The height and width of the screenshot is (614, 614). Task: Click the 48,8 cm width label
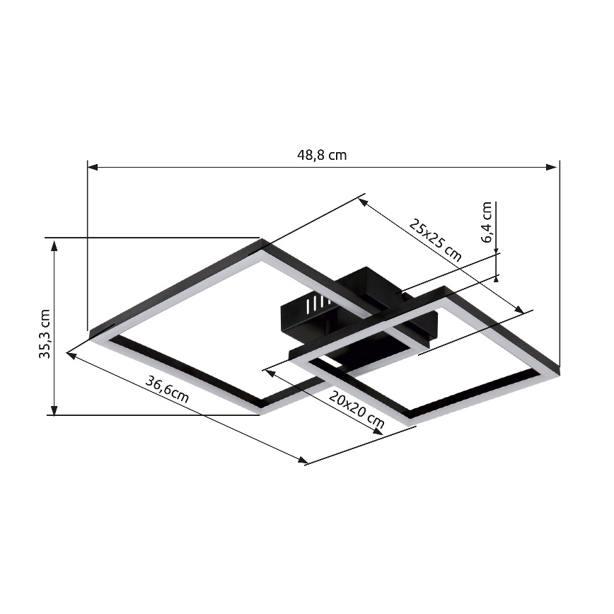pos(322,155)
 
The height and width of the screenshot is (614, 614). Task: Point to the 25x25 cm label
pos(436,241)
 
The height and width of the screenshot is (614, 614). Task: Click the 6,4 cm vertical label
pos(487,222)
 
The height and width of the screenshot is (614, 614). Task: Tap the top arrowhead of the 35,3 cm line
pos(54,243)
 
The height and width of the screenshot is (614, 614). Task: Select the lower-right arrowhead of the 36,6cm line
pos(303,461)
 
